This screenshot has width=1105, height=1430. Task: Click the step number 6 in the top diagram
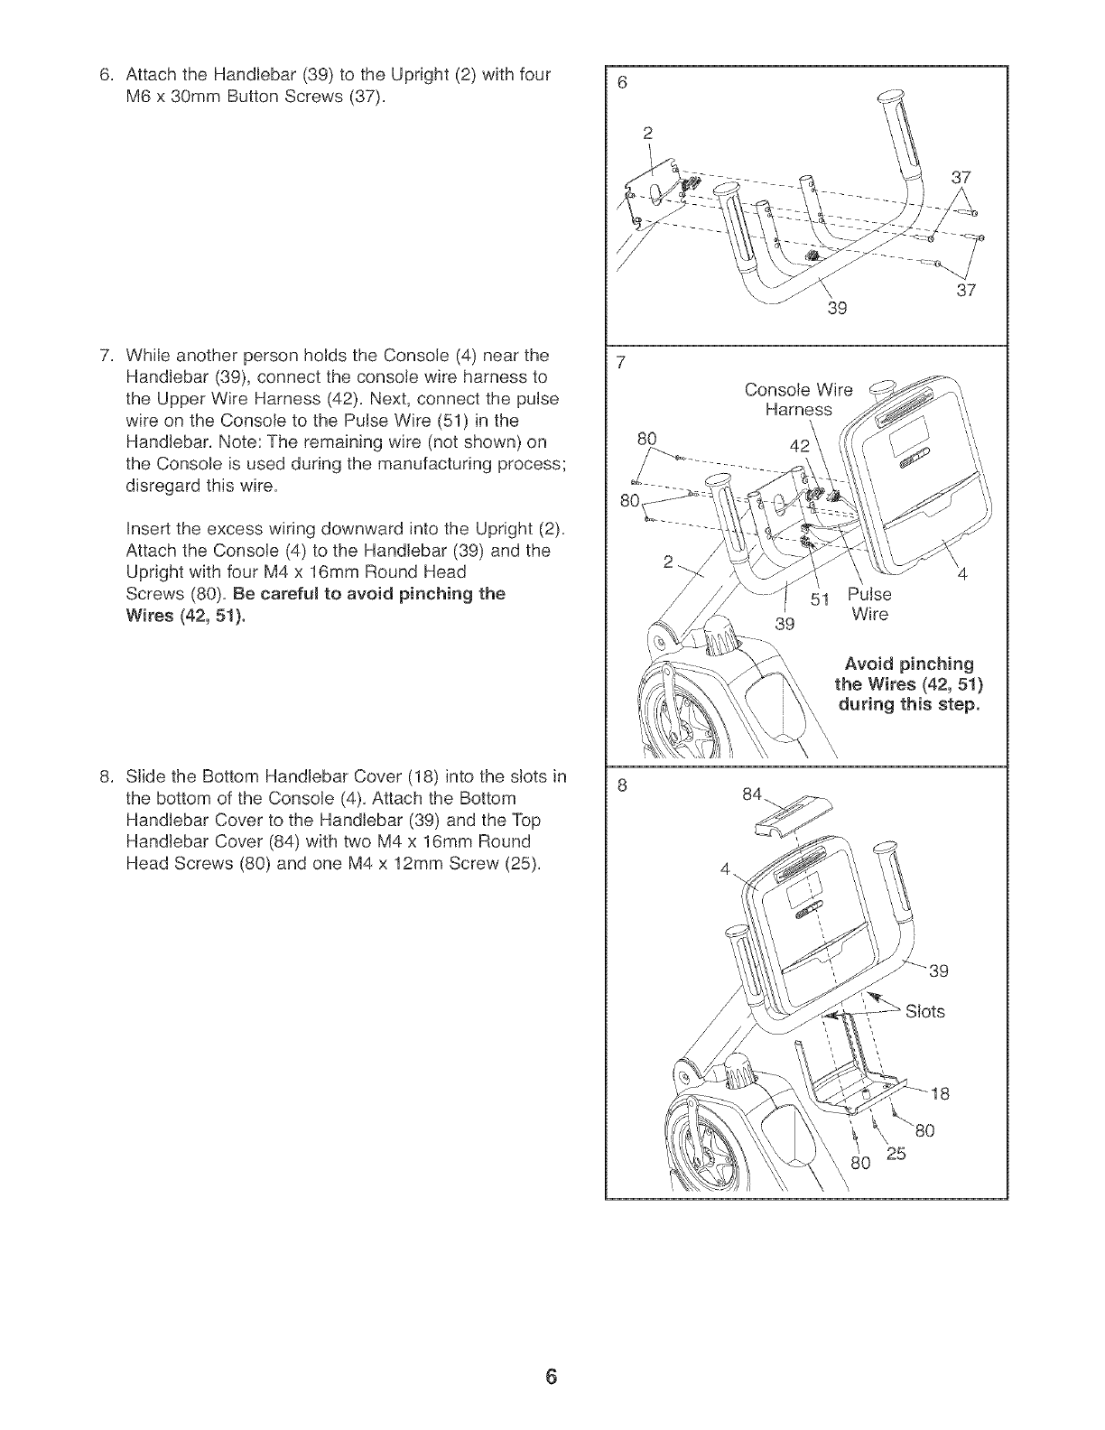coord(621,80)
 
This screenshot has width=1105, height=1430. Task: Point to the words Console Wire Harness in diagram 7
coord(797,400)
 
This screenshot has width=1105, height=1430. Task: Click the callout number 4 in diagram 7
coord(962,575)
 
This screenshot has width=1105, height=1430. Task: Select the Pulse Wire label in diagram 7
coord(869,604)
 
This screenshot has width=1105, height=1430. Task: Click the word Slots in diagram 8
coord(924,1011)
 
